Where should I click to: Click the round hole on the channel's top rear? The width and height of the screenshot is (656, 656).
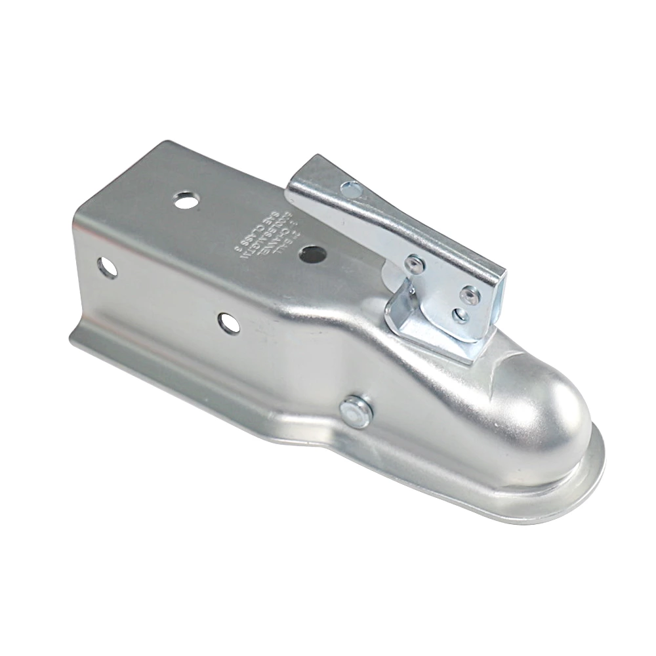(x=186, y=200)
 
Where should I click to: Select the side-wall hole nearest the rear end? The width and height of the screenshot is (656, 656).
(x=106, y=266)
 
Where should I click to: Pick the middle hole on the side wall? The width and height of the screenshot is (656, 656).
(x=228, y=322)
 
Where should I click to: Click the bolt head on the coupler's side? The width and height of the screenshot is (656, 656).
(x=356, y=411)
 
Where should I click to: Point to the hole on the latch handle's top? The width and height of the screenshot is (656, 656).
(x=351, y=190)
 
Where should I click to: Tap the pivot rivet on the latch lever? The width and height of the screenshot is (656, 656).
(x=413, y=264)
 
